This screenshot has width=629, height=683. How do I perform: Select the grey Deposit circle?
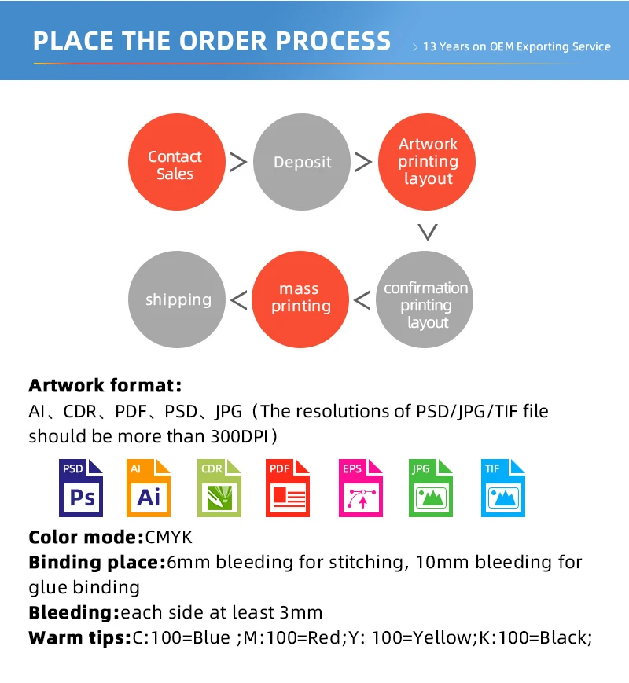click(302, 162)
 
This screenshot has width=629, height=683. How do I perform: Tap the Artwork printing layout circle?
click(428, 162)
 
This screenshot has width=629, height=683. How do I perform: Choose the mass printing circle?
click(300, 299)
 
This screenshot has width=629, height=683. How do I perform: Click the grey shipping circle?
click(177, 299)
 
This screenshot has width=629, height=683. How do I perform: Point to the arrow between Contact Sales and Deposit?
click(238, 162)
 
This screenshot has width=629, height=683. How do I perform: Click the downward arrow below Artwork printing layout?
click(427, 231)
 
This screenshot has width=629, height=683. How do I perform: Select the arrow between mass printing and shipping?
click(238, 299)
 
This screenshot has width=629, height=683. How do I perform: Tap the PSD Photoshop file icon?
click(82, 488)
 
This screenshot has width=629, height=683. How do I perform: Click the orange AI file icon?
click(149, 488)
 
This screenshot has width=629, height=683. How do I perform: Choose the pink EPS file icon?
click(360, 488)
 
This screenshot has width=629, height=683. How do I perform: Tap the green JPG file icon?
click(430, 488)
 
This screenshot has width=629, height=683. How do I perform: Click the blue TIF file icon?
click(502, 488)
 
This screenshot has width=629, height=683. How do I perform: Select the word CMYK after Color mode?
click(169, 538)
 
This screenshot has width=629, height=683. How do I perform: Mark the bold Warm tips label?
click(79, 637)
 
